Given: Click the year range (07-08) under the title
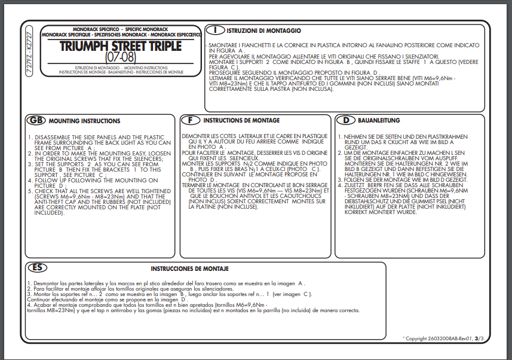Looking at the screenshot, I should pos(121,58).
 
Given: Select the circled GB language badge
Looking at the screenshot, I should pos(36,120).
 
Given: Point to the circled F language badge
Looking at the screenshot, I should pos(190,120).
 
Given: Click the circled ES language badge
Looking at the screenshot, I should pos(37,267).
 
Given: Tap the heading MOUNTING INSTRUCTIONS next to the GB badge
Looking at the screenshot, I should pos(84,121).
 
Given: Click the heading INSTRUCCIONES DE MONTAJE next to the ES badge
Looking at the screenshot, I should pos(189,269).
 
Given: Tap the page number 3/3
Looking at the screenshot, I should pos(479,338).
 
